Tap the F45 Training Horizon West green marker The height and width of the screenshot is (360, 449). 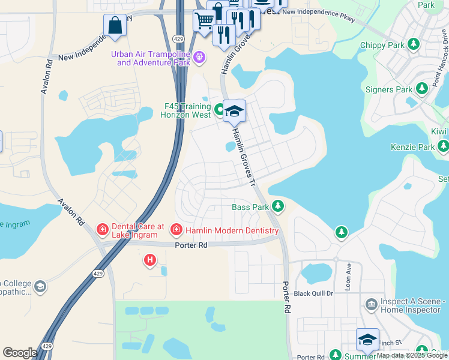tap(220, 110)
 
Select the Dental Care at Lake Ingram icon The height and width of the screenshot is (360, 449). tap(102, 229)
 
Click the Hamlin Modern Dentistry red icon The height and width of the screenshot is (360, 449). tap(176, 229)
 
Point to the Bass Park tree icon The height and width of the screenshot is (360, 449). tap(277, 206)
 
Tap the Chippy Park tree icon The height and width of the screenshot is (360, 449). tap(413, 44)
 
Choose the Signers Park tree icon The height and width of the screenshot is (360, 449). tap(421, 89)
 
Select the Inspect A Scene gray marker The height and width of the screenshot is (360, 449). tap(371, 305)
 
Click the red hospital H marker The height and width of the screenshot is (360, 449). tap(150, 260)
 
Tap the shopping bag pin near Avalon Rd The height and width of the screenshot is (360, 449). tap(114, 26)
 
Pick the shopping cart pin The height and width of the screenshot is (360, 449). tap(203, 20)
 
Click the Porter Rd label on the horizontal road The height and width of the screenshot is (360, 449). tap(191, 245)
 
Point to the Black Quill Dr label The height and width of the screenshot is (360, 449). tap(314, 294)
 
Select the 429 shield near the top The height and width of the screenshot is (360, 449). tap(178, 38)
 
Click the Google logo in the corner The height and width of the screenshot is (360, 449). tap(19, 353)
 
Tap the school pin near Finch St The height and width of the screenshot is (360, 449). tap(367, 340)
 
